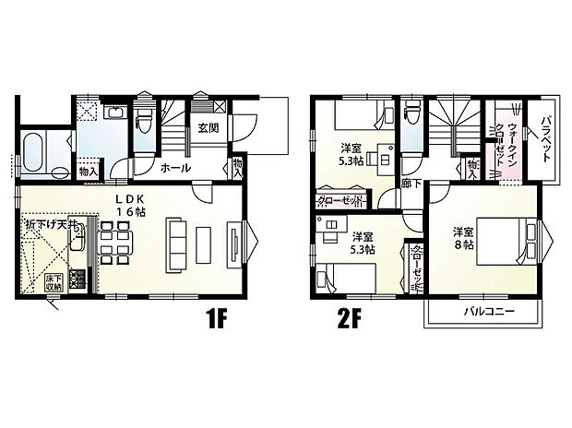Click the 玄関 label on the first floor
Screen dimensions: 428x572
(207, 128)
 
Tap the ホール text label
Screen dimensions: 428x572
(175, 168)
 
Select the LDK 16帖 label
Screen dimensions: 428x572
(131, 205)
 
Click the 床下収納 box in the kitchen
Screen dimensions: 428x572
(52, 282)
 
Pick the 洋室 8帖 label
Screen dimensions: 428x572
(462, 239)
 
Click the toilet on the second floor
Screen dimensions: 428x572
(412, 117)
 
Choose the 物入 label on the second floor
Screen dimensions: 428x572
(473, 168)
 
